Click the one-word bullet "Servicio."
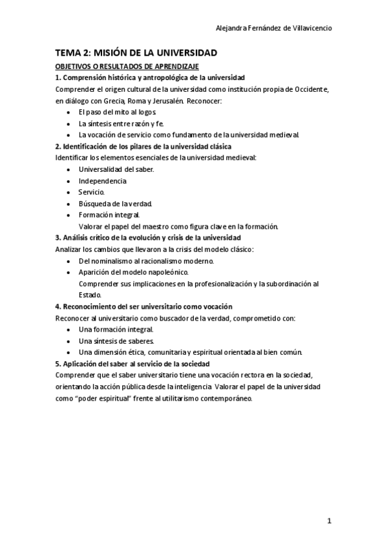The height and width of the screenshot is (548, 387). pos(91,192)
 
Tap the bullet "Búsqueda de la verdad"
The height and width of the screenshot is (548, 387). pos(115,204)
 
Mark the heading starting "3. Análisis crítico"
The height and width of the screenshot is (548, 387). pos(148,237)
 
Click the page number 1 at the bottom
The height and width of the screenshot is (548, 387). pos(329,522)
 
